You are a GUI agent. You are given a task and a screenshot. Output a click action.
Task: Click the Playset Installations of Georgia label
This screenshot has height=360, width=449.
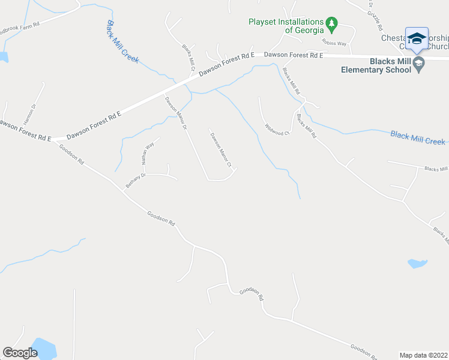(x=286, y=26)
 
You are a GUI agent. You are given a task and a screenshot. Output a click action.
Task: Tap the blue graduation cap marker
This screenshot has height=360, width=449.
(x=417, y=39)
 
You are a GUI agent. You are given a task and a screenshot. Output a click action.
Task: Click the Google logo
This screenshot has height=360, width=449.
(x=20, y=352)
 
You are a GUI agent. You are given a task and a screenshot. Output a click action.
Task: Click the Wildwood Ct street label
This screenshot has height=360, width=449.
(x=277, y=130)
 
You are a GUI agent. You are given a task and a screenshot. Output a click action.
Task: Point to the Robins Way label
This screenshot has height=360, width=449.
(x=334, y=43)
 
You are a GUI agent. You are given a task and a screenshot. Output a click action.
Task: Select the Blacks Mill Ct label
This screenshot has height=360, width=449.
(x=189, y=57)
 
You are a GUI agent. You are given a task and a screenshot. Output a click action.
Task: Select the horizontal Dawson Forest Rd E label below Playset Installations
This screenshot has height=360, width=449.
(x=294, y=55)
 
